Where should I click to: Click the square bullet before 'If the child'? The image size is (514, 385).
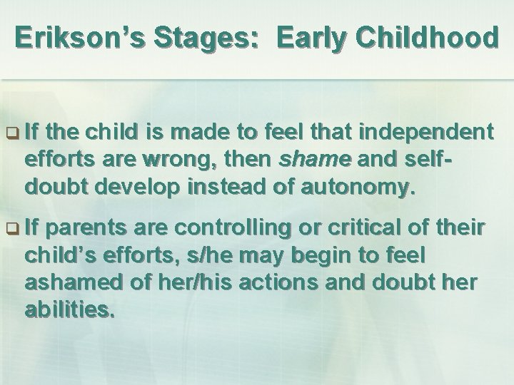click(x=12, y=133)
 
